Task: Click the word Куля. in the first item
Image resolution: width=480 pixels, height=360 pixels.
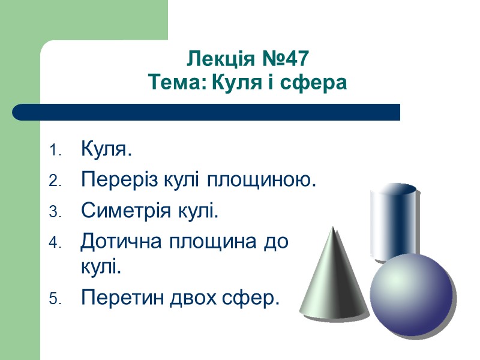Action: (106, 149)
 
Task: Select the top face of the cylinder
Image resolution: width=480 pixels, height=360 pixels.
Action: (394, 190)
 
